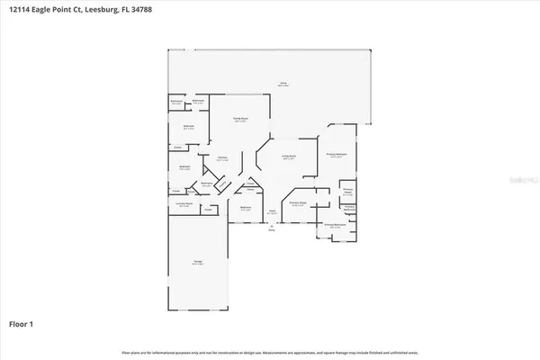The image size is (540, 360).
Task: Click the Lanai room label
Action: (283, 85)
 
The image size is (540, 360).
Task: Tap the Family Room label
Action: (241, 120)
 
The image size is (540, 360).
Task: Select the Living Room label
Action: (289, 157)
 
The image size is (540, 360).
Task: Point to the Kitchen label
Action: (221, 158)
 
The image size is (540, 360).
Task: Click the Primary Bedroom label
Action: (337, 155)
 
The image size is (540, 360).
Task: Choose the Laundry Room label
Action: (184, 204)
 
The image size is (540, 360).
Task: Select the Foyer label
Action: (270, 212)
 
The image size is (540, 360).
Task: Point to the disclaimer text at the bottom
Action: (270, 352)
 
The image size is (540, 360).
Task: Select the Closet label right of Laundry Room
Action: (207, 211)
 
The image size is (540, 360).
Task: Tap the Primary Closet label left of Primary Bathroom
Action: (346, 192)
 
